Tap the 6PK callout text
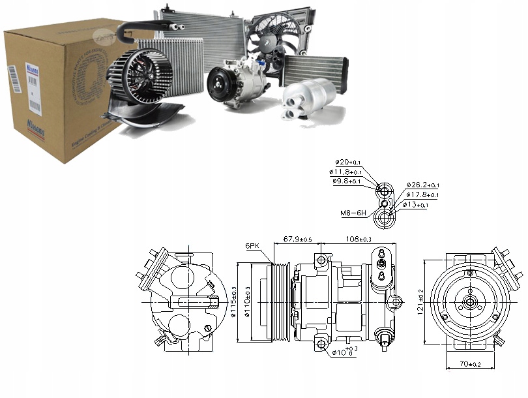(253, 246)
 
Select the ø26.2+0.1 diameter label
(422, 185)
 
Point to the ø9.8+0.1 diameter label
(347, 181)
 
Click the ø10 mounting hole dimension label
(344, 353)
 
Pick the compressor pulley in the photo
(220, 87)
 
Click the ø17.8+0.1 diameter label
(422, 195)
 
